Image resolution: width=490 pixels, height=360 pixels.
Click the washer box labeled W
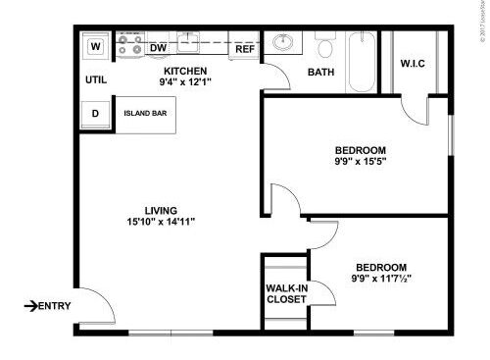click(x=96, y=46)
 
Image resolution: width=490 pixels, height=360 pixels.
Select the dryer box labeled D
click(x=96, y=113)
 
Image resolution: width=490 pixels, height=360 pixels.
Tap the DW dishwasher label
click(x=158, y=47)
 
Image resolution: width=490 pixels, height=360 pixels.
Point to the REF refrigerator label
click(x=245, y=48)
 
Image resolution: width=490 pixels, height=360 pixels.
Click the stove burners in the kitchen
click(x=128, y=45)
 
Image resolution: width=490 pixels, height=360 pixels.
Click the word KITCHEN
click(x=184, y=72)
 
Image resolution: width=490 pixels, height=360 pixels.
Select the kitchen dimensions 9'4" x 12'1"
click(x=184, y=83)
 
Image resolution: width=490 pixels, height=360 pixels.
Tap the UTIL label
click(x=95, y=79)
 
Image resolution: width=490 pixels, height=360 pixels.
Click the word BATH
click(x=321, y=73)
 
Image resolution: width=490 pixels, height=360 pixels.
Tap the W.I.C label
click(x=413, y=66)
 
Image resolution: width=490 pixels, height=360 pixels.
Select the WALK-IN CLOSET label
click(x=285, y=292)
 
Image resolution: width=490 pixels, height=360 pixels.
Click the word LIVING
click(x=161, y=210)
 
